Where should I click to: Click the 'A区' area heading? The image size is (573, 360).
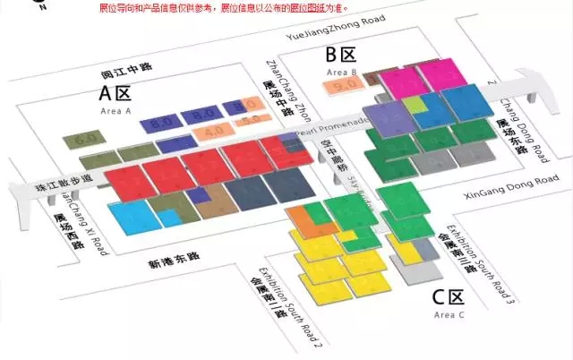pos(115,93)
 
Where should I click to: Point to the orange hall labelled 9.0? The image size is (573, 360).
pos(344,86)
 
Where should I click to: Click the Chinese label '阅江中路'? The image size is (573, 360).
pos(129,74)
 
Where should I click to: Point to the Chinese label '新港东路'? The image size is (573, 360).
pos(175,257)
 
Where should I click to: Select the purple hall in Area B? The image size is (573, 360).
pos(387,119)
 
